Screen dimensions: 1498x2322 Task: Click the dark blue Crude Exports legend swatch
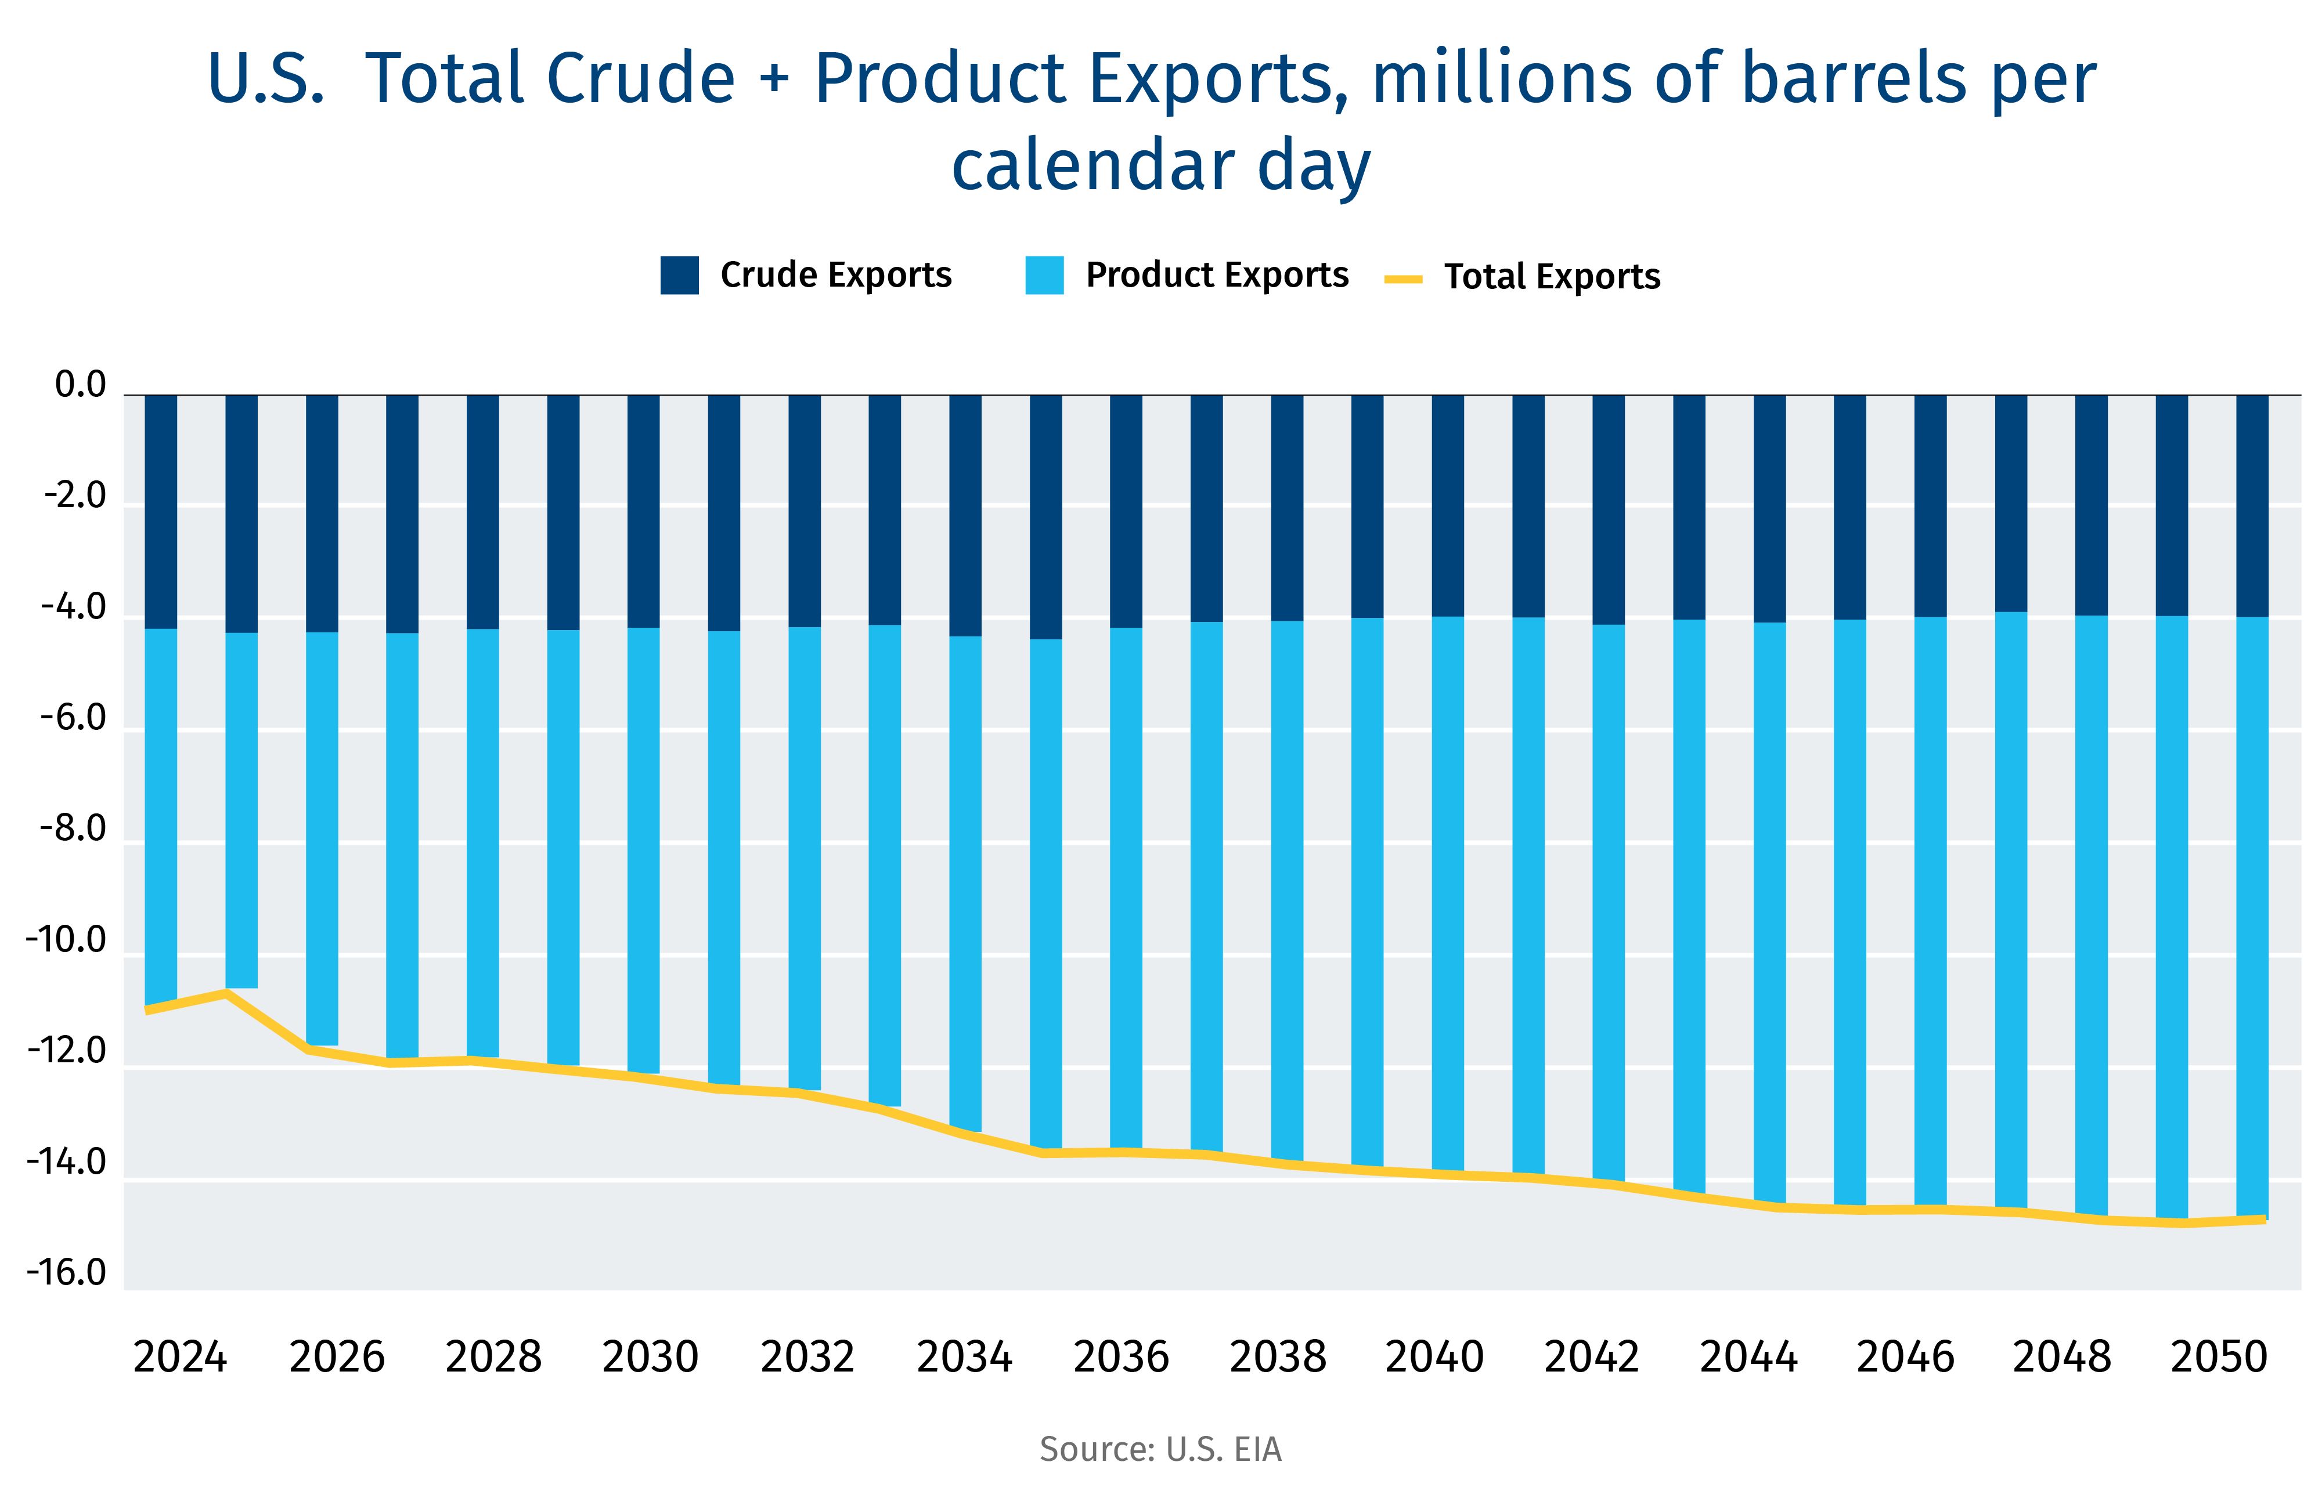[679, 275]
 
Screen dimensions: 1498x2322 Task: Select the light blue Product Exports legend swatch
[1044, 275]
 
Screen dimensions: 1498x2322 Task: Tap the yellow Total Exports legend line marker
[1402, 279]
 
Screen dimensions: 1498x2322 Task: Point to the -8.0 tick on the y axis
[73, 828]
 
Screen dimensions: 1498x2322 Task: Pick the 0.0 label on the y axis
[80, 385]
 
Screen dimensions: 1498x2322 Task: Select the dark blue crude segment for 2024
[161, 511]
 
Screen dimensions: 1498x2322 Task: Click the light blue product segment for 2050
[2252, 914]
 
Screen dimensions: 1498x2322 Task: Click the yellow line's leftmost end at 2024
[148, 1009]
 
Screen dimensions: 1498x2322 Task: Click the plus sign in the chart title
[774, 79]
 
